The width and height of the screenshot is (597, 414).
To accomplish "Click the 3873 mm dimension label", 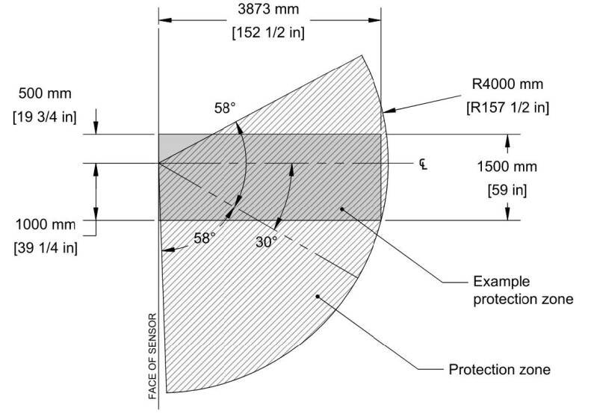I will [269, 11].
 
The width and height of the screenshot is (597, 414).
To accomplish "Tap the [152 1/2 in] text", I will [270, 34].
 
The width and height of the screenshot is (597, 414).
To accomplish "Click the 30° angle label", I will [266, 242].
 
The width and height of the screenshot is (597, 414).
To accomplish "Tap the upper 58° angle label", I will [223, 108].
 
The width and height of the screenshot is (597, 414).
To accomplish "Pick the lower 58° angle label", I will [205, 237].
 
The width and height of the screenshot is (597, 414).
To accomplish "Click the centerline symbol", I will [423, 162].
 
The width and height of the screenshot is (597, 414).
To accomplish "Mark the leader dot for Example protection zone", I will [342, 210].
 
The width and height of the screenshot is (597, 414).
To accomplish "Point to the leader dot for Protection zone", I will [318, 296].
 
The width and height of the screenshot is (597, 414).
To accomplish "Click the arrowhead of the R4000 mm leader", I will [386, 111].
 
